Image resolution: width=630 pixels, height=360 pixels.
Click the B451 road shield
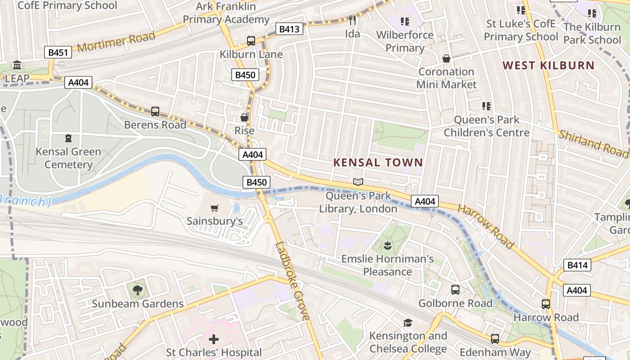coord(58,53)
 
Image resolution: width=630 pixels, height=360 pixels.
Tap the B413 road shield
coord(289,30)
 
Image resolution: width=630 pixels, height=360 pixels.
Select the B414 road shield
coord(577,265)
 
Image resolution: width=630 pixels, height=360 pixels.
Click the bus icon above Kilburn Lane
coord(251,41)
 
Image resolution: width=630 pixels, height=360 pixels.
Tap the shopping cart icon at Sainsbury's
coord(215,208)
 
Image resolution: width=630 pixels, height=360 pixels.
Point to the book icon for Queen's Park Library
coord(358,182)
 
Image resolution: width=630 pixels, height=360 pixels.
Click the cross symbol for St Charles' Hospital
coord(214,339)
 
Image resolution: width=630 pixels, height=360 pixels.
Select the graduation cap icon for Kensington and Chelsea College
coord(408,323)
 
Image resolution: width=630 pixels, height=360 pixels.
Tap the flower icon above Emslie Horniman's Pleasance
coord(387,246)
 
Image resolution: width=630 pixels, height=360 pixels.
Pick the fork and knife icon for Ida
coord(352,20)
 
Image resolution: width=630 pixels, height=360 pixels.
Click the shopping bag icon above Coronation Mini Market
coord(446,58)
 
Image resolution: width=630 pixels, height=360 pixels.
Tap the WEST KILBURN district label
coord(549,66)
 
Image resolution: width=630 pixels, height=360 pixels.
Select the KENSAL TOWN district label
coord(378,163)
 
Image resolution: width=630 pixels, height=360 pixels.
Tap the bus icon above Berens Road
coord(155,111)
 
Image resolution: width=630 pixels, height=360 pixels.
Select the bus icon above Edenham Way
coord(495,339)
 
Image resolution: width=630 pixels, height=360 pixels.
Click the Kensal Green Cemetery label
coord(68,158)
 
